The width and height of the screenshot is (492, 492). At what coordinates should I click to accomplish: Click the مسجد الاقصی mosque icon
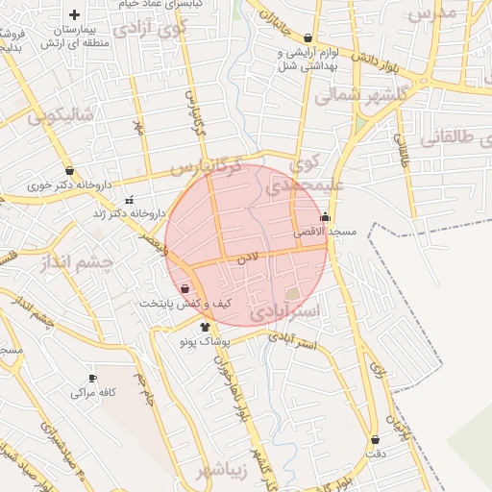[x=325, y=217]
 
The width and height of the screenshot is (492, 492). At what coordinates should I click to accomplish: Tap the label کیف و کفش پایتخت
[x=184, y=303]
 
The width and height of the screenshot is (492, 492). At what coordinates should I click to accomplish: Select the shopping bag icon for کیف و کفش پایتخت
[x=184, y=287]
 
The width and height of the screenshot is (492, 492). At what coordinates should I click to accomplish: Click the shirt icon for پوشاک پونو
[x=204, y=327]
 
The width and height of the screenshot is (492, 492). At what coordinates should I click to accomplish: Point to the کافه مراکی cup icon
[x=92, y=378]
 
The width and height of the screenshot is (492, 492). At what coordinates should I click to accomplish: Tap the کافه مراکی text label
[x=93, y=393]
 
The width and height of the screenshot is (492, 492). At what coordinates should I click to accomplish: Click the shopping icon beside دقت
[x=375, y=439]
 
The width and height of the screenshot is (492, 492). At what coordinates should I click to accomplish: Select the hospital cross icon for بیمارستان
[x=75, y=14]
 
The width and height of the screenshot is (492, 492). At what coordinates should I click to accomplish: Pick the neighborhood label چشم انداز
[x=81, y=261]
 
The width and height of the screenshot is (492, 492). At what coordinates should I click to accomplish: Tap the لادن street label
[x=249, y=259]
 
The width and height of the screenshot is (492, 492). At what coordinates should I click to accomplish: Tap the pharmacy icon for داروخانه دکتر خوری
[x=69, y=171]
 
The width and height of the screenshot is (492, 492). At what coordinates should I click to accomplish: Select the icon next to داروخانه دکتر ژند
[x=129, y=200]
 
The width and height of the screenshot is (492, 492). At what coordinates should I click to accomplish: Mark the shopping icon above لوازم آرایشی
[x=307, y=37]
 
